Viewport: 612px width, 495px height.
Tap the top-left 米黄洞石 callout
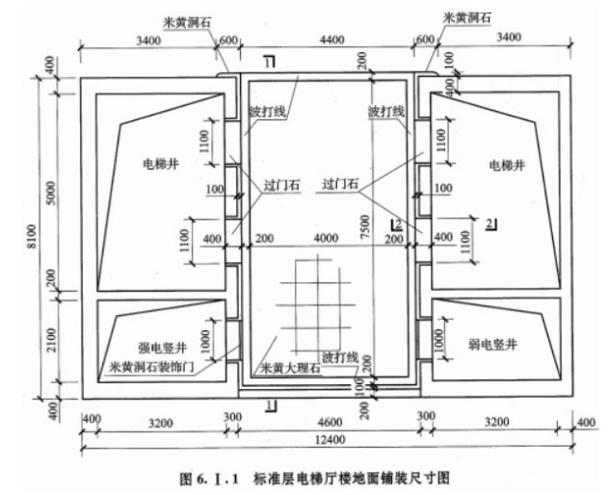200,18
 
